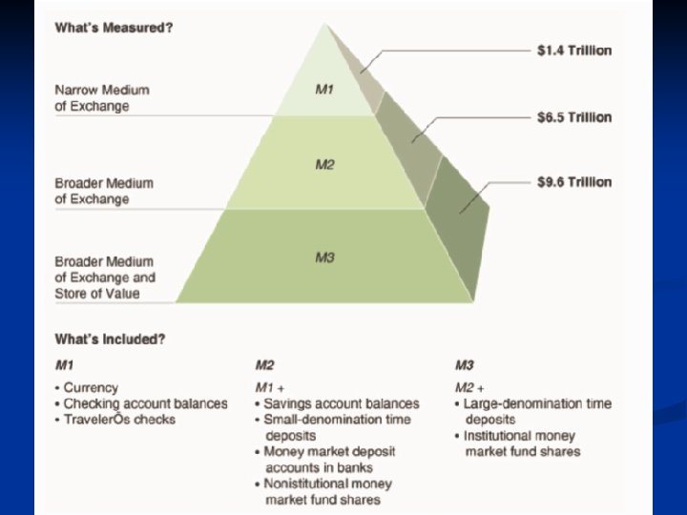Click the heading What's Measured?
pyautogui.click(x=114, y=27)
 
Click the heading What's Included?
pyautogui.click(x=111, y=340)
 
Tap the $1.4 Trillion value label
pyautogui.click(x=573, y=51)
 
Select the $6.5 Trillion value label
pyautogui.click(x=573, y=117)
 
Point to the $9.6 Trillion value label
pyautogui.click(x=573, y=182)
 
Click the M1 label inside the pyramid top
pyautogui.click(x=324, y=90)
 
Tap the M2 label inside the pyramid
pyautogui.click(x=325, y=165)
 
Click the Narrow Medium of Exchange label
pyautogui.click(x=102, y=98)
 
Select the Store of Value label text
pyautogui.click(x=97, y=293)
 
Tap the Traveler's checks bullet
pyautogui.click(x=119, y=420)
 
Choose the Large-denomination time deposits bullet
pyautogui.click(x=532, y=411)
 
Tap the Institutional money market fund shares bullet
pyautogui.click(x=521, y=443)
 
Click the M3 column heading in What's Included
pyautogui.click(x=465, y=365)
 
